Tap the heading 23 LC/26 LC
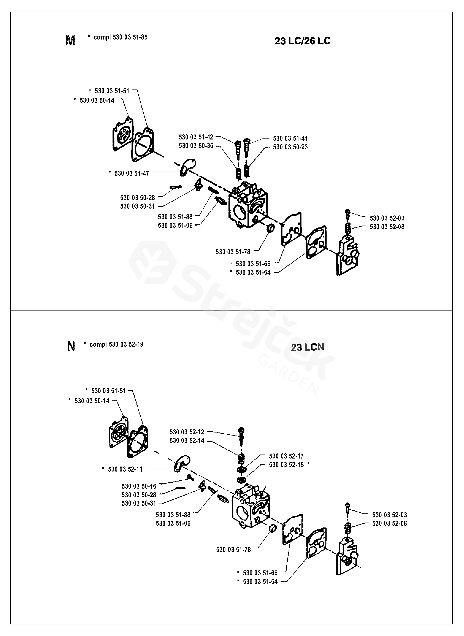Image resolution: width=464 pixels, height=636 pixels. click(x=302, y=41)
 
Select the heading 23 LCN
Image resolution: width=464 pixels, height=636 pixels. click(x=308, y=347)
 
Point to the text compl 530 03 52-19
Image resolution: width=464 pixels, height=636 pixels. click(x=116, y=345)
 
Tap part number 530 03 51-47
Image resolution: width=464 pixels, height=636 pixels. click(x=132, y=173)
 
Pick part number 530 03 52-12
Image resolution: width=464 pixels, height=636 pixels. click(x=187, y=432)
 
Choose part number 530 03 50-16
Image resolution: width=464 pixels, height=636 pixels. click(x=139, y=486)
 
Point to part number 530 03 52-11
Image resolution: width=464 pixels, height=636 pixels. click(x=125, y=469)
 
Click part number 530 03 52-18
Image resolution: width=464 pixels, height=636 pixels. click(x=286, y=465)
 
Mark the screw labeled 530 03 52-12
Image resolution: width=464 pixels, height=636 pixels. click(x=241, y=436)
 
